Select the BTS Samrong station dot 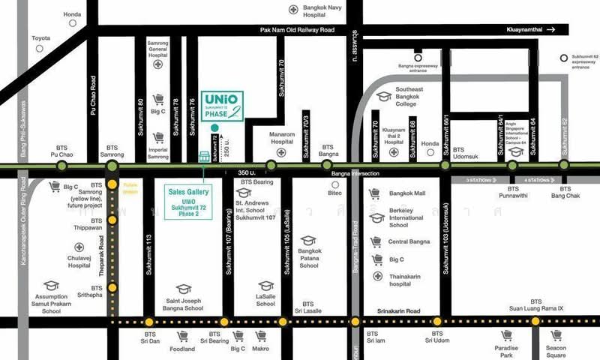point(113,166)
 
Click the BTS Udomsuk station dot point(445,166)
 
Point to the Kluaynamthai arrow point(551,29)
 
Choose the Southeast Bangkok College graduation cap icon point(384,96)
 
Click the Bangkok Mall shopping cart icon point(377,193)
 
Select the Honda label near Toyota point(72,14)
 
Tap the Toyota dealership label point(40,38)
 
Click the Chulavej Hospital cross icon point(79,247)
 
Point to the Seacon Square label point(556,352)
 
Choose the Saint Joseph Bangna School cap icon point(184,288)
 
